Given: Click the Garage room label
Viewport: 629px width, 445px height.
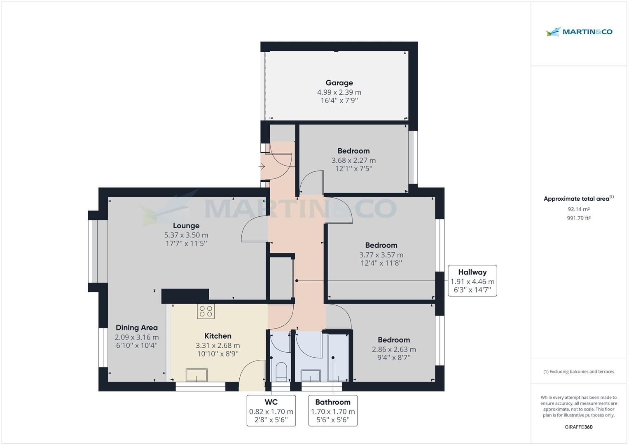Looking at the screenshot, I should (339, 83).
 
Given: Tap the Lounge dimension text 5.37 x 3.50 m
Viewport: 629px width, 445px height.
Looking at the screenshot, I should (186, 235).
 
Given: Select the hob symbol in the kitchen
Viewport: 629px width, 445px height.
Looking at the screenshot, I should (206, 311).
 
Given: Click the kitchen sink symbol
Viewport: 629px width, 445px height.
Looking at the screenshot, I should (197, 375).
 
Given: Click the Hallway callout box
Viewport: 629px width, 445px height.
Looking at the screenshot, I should (472, 281).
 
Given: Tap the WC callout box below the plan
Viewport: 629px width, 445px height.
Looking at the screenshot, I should (271, 410).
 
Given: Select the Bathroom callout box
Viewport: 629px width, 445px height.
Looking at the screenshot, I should (333, 410).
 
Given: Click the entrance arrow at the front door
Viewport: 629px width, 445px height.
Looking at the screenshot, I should (262, 167).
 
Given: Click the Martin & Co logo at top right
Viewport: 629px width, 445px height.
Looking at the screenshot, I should (579, 32).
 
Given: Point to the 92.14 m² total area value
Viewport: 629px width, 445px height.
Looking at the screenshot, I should (578, 209).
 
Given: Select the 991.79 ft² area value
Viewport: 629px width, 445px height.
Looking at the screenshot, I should (578, 218).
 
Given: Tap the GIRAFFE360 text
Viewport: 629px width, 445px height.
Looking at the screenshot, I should (578, 427).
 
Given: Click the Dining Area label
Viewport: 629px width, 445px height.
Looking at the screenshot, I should (137, 328).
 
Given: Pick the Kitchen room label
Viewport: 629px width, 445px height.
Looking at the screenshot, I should (217, 336).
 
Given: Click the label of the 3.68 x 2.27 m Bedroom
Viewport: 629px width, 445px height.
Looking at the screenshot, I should (353, 151).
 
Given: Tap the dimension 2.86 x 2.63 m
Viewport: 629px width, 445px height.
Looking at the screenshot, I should (394, 349).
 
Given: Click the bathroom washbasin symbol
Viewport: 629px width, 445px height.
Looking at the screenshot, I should (311, 375).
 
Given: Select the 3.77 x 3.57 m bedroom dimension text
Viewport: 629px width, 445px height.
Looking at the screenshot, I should (381, 255).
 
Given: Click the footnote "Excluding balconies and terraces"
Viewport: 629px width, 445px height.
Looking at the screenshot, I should (578, 372).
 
